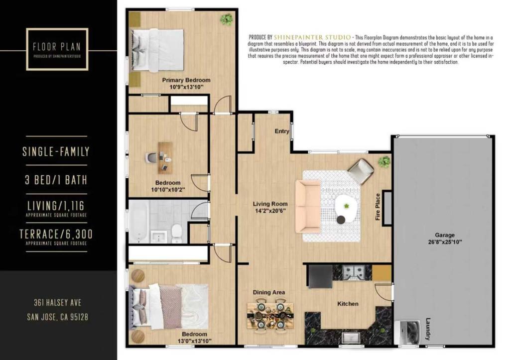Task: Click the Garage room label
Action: click(x=445, y=235)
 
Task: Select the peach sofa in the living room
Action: click(x=308, y=207)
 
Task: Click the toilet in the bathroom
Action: click(x=177, y=233)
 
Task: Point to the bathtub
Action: click(x=139, y=222)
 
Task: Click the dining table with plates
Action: click(x=270, y=315)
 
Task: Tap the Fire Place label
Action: click(x=378, y=207)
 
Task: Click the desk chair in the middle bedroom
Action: click(x=150, y=157)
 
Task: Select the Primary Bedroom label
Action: click(x=186, y=80)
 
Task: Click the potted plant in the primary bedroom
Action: click(x=227, y=19)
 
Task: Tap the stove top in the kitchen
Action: click(x=353, y=272)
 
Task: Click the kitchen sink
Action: click(x=351, y=338)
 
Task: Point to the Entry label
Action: click(x=282, y=131)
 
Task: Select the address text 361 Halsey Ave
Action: click(x=58, y=303)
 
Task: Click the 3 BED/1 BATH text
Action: click(x=56, y=180)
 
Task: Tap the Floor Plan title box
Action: click(x=57, y=49)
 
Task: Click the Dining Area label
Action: click(x=268, y=292)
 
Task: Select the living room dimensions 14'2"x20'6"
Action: click(x=270, y=211)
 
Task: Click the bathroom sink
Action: click(x=158, y=236)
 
